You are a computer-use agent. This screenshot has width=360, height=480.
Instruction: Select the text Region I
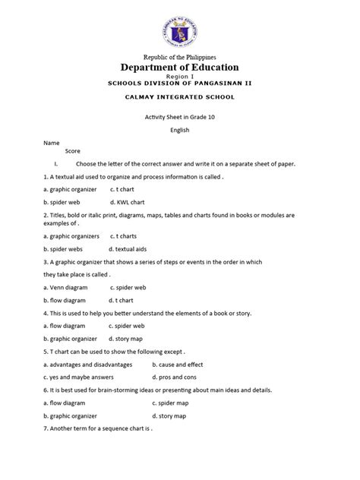click(179, 78)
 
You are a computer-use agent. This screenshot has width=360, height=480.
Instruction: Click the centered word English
click(179, 129)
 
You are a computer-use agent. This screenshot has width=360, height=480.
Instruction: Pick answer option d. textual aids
click(130, 248)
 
